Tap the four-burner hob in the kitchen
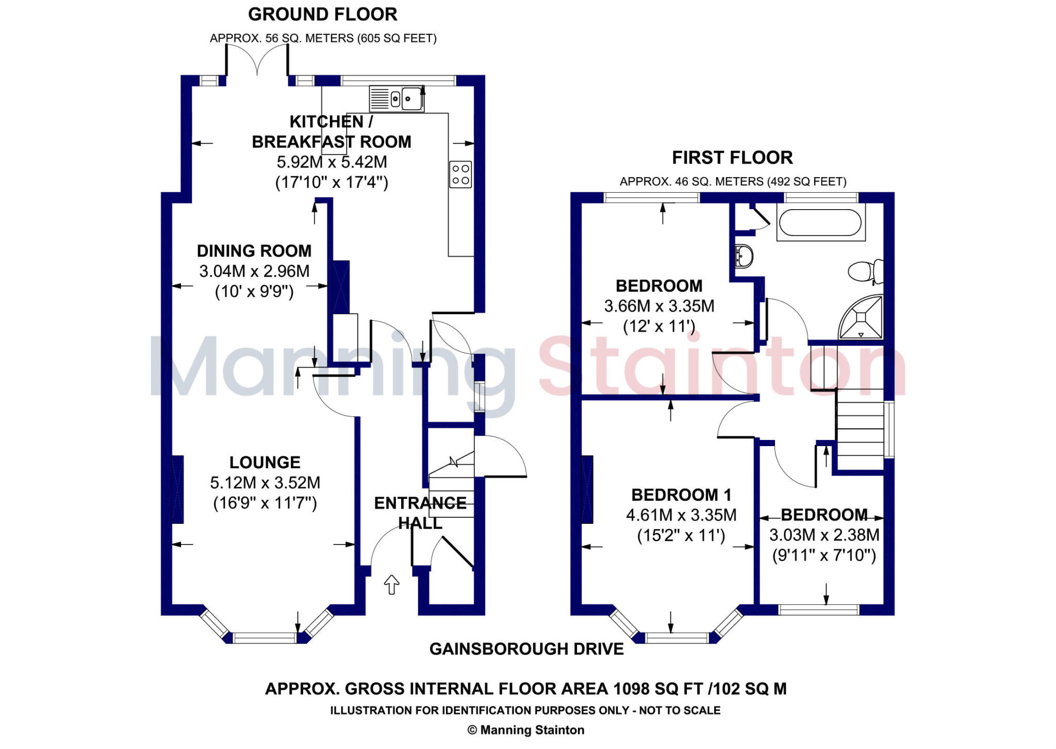(460, 174)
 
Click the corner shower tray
(862, 318)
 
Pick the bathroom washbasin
(743, 256)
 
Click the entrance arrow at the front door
(392, 585)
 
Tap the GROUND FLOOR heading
(323, 14)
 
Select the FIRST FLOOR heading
(732, 158)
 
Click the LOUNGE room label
(265, 462)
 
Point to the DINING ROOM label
(254, 251)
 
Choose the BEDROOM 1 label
(681, 495)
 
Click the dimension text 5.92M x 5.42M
(332, 162)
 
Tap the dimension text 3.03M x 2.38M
(824, 535)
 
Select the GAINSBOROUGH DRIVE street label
(526, 649)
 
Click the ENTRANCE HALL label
(420, 513)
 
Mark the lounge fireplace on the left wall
(177, 489)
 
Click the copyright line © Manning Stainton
(526, 730)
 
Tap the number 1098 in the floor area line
(632, 689)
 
